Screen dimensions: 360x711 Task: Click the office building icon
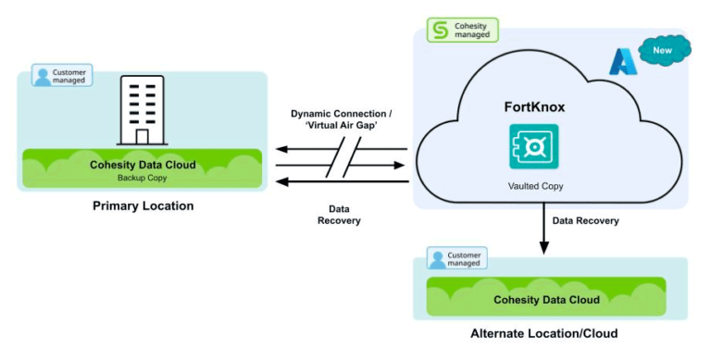click(142, 111)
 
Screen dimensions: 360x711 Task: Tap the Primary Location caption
click(143, 205)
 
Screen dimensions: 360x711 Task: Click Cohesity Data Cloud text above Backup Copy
click(142, 164)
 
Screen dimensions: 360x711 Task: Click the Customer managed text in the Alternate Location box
click(464, 260)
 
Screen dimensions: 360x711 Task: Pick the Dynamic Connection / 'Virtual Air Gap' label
click(340, 119)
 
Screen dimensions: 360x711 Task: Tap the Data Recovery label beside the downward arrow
click(585, 221)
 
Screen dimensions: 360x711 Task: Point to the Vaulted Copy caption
click(536, 186)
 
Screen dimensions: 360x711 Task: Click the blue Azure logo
click(620, 62)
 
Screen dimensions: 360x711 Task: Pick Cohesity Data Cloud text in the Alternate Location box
click(546, 299)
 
